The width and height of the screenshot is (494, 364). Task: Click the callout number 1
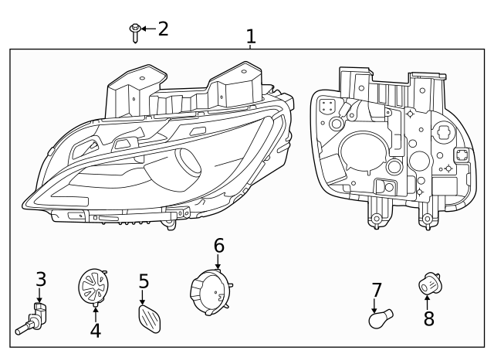250,36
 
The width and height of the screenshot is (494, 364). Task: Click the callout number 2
162,29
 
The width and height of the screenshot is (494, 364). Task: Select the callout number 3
41,278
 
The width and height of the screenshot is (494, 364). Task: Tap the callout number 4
95,331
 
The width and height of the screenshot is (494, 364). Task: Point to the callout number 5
144,281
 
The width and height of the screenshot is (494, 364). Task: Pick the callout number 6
218,246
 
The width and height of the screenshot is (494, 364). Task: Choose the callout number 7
377,291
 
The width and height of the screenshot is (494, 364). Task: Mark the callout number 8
428,318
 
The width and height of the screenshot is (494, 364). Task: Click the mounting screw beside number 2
135,31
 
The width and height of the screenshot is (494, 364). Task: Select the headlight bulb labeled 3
33,318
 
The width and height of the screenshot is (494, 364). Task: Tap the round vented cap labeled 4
93,287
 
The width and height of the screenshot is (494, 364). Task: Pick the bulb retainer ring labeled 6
210,295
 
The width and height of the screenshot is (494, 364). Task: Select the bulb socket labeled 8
428,286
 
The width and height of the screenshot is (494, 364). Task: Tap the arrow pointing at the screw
147,29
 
